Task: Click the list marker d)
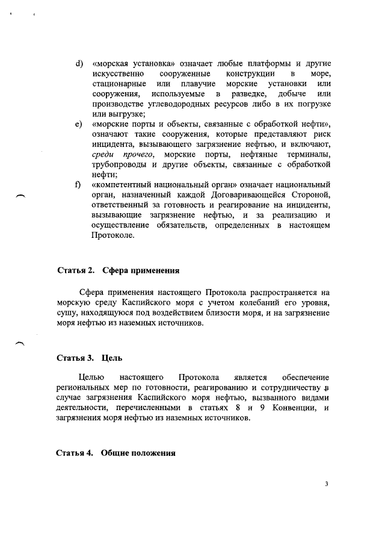coord(78,63)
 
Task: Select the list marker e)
coord(78,123)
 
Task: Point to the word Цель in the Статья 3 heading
coord(112,358)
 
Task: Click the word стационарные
coord(118,84)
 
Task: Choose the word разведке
coord(248,94)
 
